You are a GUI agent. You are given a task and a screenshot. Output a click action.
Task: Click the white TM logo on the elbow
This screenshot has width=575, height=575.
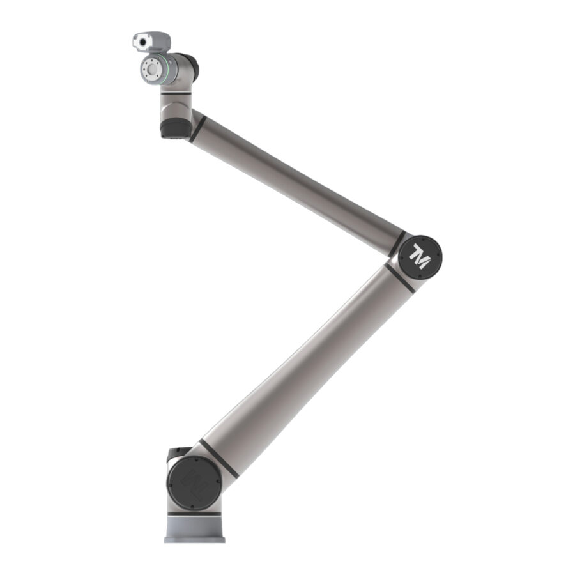pos(419,256)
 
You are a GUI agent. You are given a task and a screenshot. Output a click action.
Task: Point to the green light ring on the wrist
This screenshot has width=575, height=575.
pos(167,69)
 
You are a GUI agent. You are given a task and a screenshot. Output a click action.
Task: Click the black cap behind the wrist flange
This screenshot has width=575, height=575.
pos(192,66)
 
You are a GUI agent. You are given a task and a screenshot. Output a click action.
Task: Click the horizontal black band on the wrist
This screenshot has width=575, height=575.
pos(176,93)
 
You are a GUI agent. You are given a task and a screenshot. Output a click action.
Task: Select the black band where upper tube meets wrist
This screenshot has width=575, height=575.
pos(197,128)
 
